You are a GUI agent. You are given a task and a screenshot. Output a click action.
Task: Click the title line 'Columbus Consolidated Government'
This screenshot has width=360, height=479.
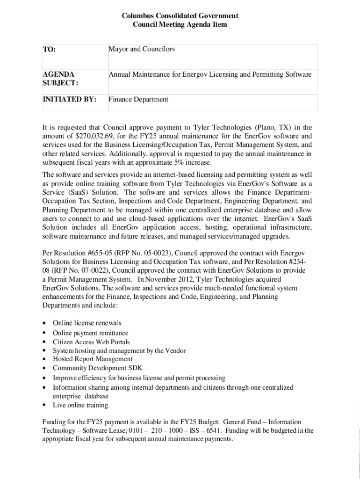[180, 16]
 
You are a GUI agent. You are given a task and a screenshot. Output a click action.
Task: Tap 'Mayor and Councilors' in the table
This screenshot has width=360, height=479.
[142, 49]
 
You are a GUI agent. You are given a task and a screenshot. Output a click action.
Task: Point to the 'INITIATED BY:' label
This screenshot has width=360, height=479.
[70, 99]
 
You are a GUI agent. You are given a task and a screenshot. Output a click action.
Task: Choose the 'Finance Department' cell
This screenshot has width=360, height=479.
[138, 99]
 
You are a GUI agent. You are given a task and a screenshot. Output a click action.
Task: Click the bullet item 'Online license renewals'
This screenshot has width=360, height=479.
[87, 323]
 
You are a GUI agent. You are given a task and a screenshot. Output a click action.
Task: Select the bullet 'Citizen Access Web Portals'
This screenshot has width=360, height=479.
[91, 342]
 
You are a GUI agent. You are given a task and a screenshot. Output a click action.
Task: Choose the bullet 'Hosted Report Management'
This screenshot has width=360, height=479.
[93, 359]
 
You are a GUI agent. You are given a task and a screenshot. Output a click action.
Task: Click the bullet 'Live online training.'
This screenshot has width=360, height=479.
[81, 405]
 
